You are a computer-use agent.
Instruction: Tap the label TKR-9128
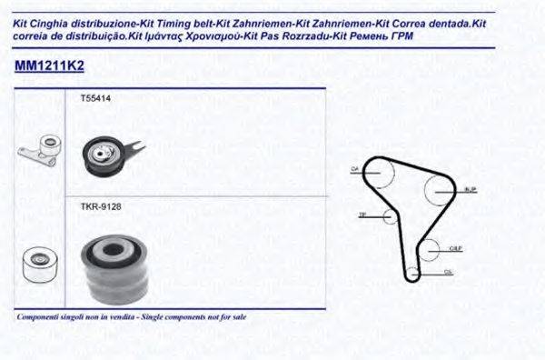click(x=101, y=206)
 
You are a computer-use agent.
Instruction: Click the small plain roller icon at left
click(x=36, y=263)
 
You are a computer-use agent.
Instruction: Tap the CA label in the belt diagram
click(x=355, y=169)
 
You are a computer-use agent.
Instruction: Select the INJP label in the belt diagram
click(x=470, y=189)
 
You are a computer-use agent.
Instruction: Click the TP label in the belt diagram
click(x=362, y=215)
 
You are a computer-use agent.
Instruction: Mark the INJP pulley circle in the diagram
click(x=441, y=188)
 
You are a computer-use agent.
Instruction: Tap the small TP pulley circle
click(x=390, y=215)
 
